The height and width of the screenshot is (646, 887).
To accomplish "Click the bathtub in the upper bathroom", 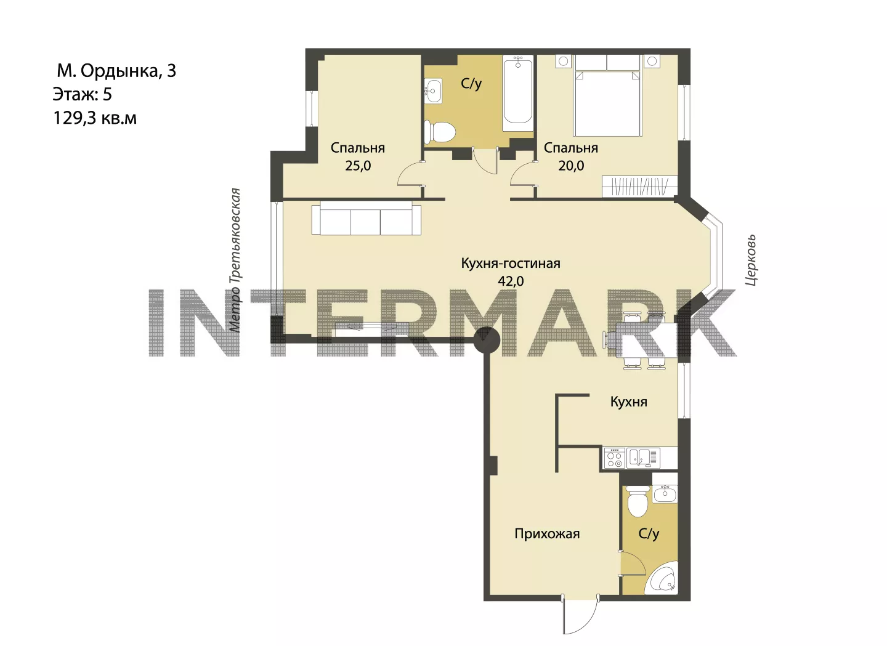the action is pyautogui.click(x=518, y=94).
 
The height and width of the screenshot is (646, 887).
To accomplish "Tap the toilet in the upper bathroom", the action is pyautogui.click(x=439, y=132).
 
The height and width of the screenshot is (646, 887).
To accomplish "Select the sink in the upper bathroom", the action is pyautogui.click(x=433, y=91).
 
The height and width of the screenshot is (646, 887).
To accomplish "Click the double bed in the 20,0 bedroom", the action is pyautogui.click(x=607, y=103).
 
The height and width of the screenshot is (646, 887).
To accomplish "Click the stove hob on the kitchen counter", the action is pyautogui.click(x=614, y=458).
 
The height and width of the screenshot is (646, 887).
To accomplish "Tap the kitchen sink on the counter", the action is pyautogui.click(x=643, y=458).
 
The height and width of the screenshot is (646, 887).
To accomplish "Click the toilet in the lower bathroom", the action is pyautogui.click(x=638, y=501).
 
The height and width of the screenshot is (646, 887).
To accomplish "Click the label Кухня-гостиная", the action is pyautogui.click(x=511, y=263).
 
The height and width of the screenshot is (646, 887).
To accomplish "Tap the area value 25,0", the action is pyautogui.click(x=358, y=166).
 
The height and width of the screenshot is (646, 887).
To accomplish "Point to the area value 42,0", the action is pyautogui.click(x=511, y=281).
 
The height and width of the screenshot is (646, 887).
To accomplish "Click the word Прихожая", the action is pyautogui.click(x=547, y=534).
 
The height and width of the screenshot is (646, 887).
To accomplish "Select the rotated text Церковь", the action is pyautogui.click(x=751, y=260).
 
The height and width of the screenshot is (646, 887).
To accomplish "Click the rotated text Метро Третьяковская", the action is pyautogui.click(x=235, y=260).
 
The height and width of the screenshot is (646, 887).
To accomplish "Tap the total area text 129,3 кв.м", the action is pyautogui.click(x=95, y=118).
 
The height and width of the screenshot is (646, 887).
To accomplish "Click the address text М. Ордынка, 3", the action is pyautogui.click(x=116, y=71).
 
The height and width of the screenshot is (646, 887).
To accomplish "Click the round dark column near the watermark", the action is pyautogui.click(x=487, y=340).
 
